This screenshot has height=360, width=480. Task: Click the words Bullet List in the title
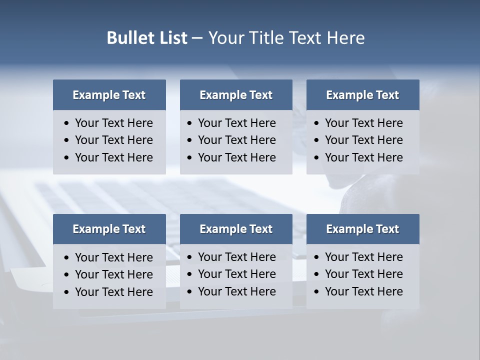[x=147, y=38]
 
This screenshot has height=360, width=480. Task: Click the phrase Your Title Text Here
[x=286, y=38]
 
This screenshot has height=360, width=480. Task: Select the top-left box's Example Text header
[x=109, y=95]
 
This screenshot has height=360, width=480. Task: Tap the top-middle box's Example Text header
[x=236, y=95]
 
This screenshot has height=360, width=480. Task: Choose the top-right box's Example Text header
[x=362, y=95]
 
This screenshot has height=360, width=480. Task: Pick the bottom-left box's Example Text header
[x=109, y=229]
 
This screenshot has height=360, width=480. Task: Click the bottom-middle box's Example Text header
[x=236, y=229]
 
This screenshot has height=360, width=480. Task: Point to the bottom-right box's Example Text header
[x=362, y=229]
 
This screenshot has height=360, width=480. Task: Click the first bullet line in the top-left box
[x=113, y=123]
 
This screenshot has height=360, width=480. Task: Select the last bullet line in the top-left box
[x=113, y=157]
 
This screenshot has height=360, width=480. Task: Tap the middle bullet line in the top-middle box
[x=236, y=140]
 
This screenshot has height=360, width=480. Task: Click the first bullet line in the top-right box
[x=363, y=123]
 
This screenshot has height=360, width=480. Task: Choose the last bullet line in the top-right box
[x=363, y=157]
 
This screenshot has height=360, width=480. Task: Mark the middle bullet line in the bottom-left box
[x=113, y=274]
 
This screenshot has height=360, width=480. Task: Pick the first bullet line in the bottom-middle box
[x=236, y=257]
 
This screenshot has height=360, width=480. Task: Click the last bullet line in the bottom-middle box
[x=236, y=291]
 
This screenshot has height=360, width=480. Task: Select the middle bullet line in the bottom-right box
[x=363, y=274]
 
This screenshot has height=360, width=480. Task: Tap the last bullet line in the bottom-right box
[x=363, y=291]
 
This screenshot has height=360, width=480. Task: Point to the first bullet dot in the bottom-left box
[x=67, y=258]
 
